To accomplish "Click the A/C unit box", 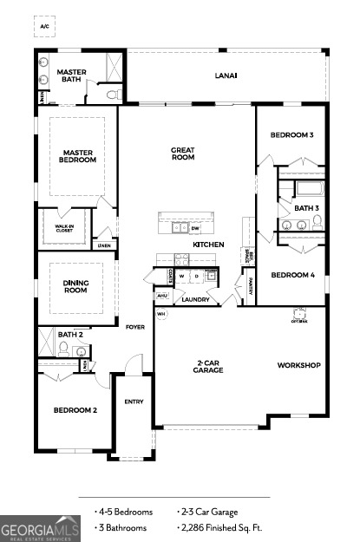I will tap(44, 27).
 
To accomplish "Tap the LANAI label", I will tap(226, 75).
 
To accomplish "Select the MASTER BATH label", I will tap(69, 75).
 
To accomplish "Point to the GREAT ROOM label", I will tap(182, 153).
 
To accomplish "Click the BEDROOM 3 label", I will tap(291, 135).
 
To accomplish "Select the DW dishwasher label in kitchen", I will tap(195, 229).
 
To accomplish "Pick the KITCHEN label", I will tap(208, 245).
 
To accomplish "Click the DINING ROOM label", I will tap(76, 287).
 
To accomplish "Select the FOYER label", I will tap(135, 327).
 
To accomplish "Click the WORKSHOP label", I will tap(299, 365).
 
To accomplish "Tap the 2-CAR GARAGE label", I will tap(208, 367).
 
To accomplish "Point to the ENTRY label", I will tap(134, 402).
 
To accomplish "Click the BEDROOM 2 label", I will tap(75, 409).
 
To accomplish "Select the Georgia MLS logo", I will tap(41, 528).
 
